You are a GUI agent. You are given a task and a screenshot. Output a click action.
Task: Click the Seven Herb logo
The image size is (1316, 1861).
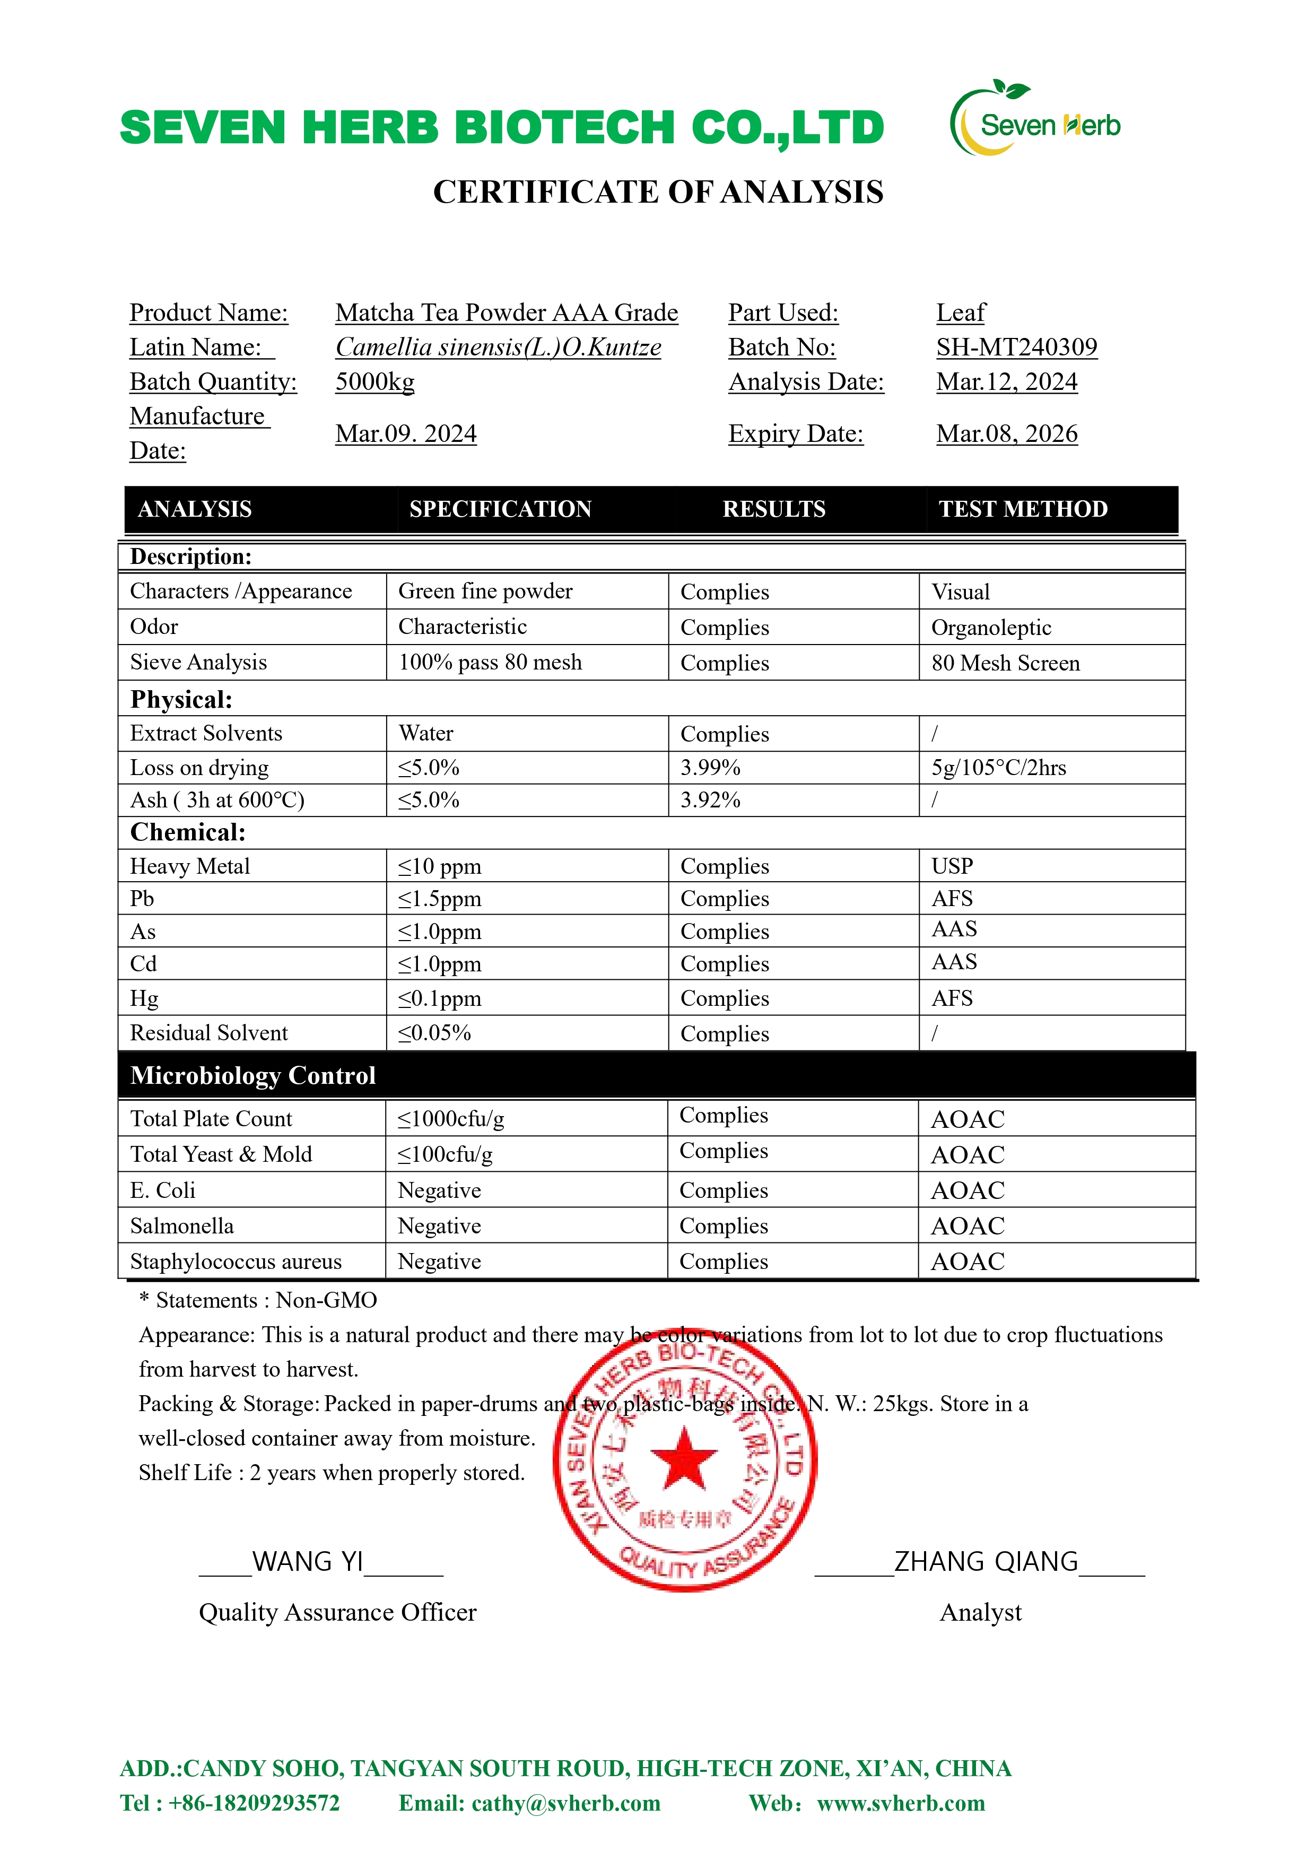click(1035, 121)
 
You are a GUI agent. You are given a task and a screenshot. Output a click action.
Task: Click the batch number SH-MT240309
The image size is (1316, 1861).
click(1016, 347)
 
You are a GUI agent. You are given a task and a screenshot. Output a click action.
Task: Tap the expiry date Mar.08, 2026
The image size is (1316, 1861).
click(1006, 433)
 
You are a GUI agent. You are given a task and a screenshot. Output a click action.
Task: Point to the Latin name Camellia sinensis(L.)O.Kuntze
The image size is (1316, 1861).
click(498, 347)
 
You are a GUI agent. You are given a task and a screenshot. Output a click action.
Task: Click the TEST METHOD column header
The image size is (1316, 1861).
click(1023, 509)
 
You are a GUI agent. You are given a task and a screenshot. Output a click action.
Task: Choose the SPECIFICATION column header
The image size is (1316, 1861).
click(500, 509)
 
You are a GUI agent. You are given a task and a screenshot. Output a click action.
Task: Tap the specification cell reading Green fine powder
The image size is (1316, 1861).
click(485, 591)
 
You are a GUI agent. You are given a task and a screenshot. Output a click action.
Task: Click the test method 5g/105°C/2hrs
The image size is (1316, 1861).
click(998, 768)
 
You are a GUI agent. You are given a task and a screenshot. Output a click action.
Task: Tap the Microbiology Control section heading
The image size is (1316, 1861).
click(253, 1075)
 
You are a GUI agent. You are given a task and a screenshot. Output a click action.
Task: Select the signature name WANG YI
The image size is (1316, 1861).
click(308, 1561)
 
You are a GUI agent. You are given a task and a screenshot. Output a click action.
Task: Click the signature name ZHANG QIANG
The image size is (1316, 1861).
click(986, 1561)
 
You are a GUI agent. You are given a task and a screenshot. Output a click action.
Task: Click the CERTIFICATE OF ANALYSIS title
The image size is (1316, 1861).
click(658, 192)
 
